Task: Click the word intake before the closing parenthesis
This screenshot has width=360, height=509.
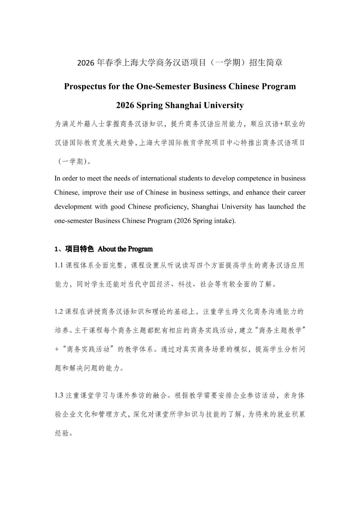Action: click(223, 221)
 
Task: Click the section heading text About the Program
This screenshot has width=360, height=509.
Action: click(125, 249)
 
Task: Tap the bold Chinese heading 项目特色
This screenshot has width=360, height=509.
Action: click(79, 249)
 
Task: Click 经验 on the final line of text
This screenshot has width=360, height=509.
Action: click(62, 433)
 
